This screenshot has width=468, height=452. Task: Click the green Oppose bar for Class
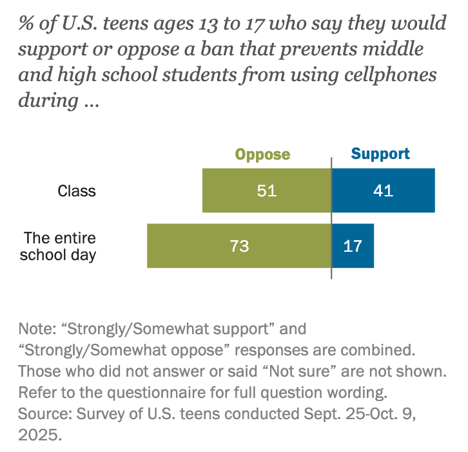pos(232,191)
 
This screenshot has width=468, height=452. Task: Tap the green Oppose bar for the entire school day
pos(193,245)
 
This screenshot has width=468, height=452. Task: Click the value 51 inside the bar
pos(266,191)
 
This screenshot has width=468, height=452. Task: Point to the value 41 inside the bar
pos(383,191)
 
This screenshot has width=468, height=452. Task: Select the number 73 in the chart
pos(239,246)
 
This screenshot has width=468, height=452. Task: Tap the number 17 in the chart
pos(353,246)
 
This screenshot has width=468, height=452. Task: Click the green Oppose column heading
pos(262,155)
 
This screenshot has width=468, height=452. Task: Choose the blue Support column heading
pos(380,154)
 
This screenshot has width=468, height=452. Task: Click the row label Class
pos(77,191)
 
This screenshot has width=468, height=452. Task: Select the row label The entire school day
pos(58,245)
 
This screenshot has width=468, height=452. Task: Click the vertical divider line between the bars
pos(331,270)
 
